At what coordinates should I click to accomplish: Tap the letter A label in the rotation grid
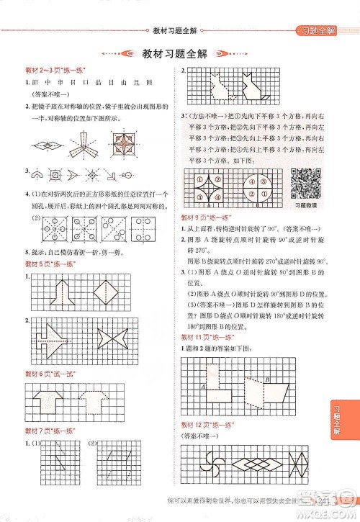pos(204,386)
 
